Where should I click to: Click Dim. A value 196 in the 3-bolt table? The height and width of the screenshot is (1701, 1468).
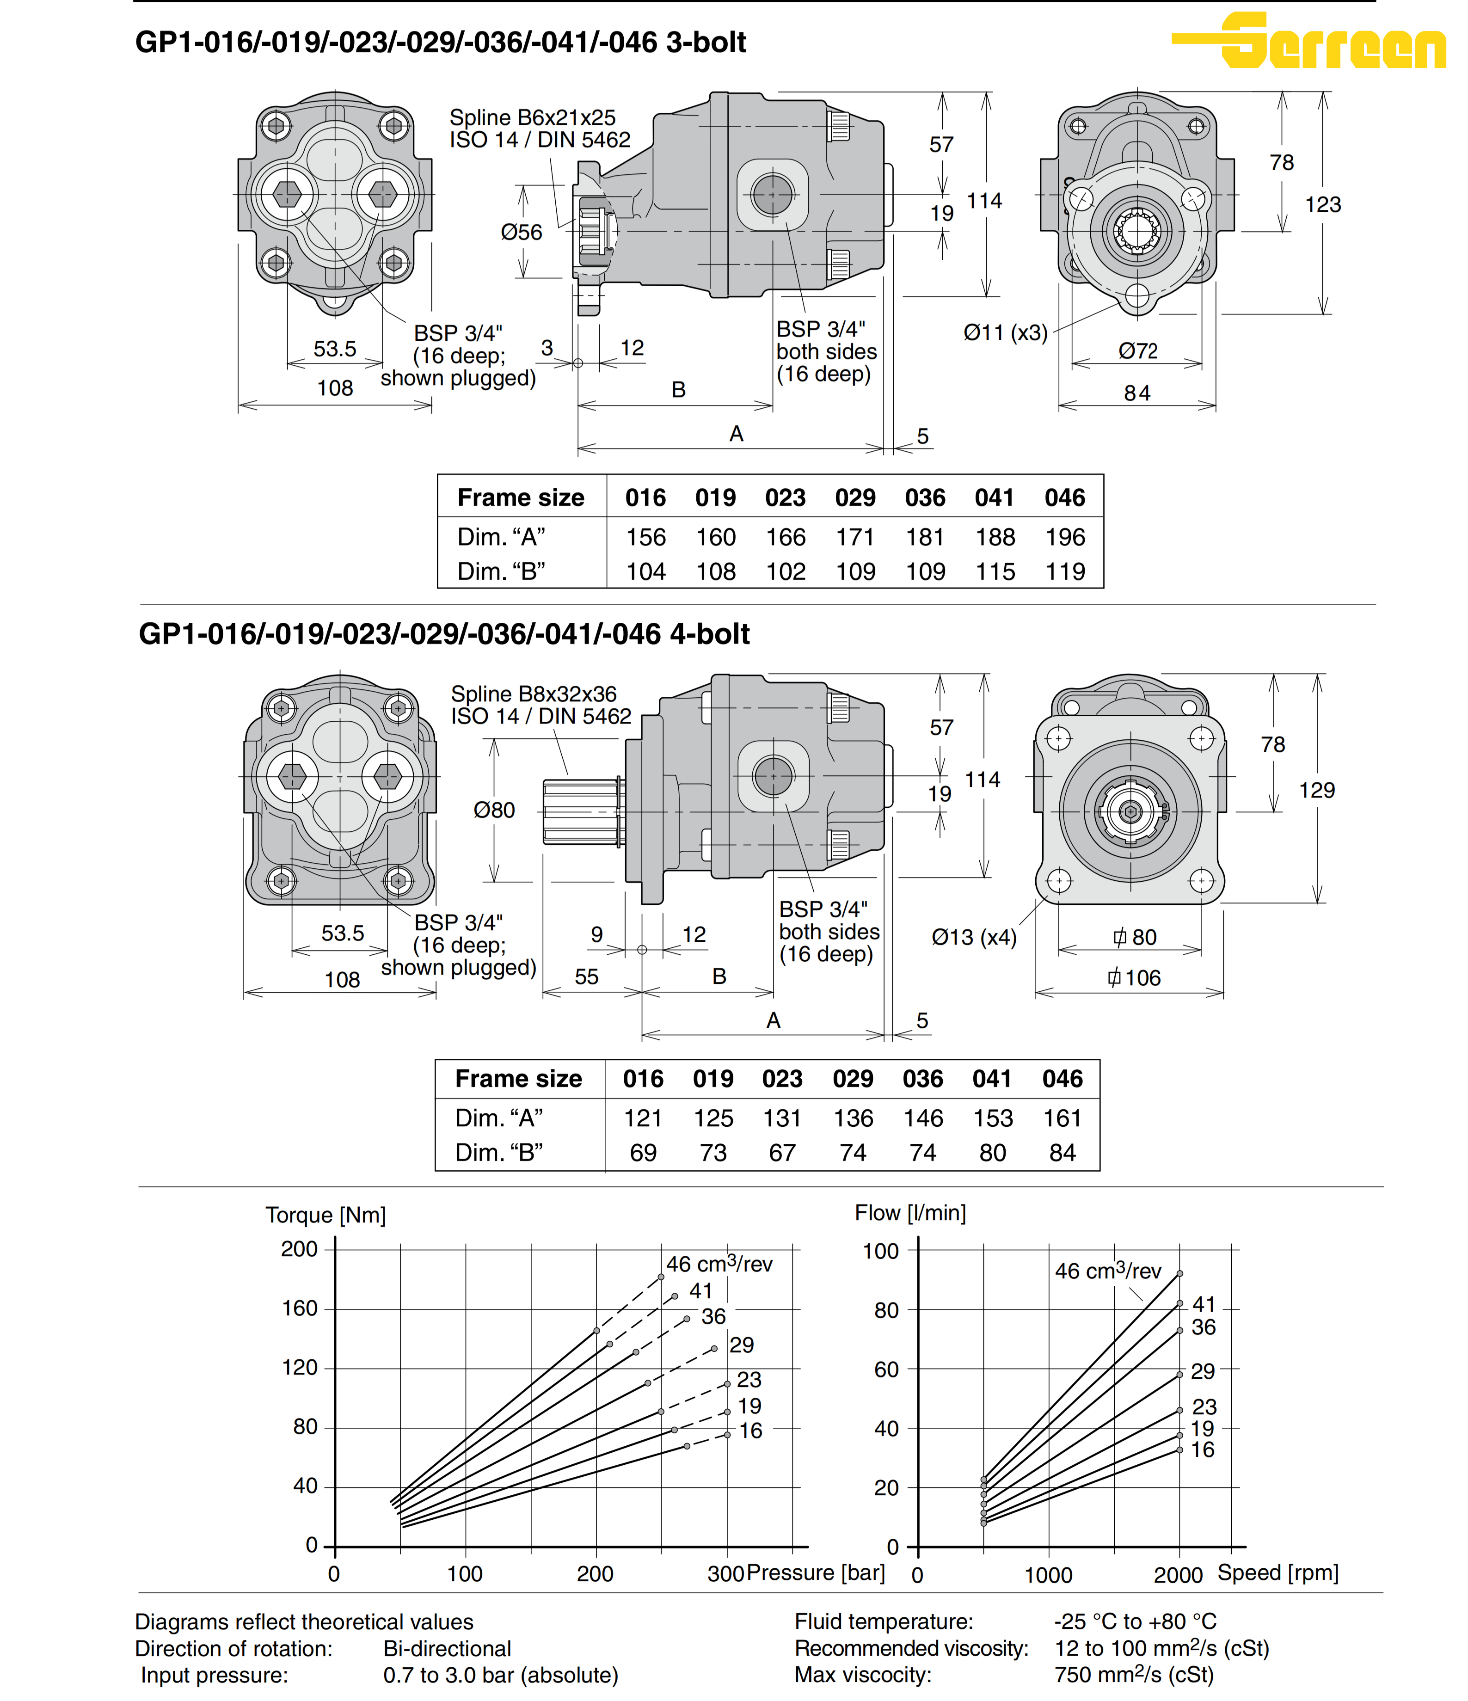click(x=1065, y=537)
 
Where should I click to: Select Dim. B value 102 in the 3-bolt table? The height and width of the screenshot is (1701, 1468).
click(x=786, y=571)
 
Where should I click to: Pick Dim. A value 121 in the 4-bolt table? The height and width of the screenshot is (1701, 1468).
click(x=643, y=1118)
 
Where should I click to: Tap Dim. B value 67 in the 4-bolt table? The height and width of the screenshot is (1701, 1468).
click(x=782, y=1153)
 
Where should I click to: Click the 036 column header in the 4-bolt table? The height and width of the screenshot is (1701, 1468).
click(x=923, y=1079)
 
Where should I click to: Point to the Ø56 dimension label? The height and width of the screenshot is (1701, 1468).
click(x=522, y=232)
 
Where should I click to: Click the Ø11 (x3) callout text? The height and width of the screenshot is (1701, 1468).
click(x=1005, y=332)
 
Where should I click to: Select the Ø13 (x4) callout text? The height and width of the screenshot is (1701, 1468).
click(x=974, y=937)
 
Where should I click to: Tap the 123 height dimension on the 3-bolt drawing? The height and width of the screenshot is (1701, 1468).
click(x=1323, y=204)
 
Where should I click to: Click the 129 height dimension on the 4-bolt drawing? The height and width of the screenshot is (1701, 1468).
click(x=1317, y=790)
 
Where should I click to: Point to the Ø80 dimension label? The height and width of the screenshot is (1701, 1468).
click(x=494, y=810)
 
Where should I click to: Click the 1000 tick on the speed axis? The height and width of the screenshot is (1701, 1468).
click(x=1049, y=1575)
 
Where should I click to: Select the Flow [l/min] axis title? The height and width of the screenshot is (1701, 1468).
click(x=910, y=1213)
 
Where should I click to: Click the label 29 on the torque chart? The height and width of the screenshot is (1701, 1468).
click(x=741, y=1345)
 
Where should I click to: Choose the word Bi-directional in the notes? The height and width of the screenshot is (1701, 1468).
click(x=448, y=1648)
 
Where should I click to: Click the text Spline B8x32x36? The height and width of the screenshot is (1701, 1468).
click(x=534, y=694)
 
